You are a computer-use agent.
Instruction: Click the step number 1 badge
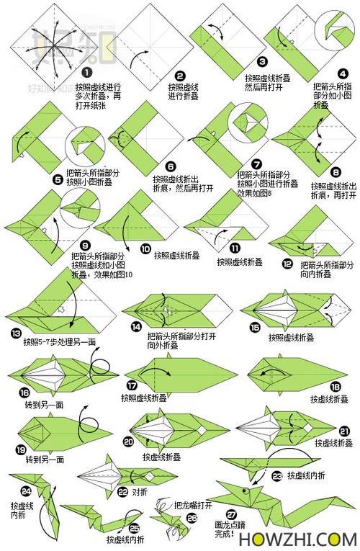tap(86, 73)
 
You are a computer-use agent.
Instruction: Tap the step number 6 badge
tap(170, 165)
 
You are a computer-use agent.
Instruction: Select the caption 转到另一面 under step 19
tap(45, 459)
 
